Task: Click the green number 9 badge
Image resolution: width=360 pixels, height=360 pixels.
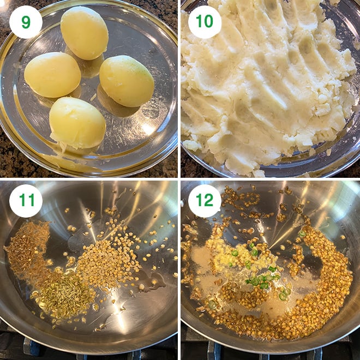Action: [26, 22]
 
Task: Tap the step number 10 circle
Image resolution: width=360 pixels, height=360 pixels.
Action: [205, 22]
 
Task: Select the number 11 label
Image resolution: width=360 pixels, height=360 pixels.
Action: [26, 201]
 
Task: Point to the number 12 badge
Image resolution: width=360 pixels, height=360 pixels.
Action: [205, 201]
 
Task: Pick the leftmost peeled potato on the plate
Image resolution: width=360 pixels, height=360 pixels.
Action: [52, 75]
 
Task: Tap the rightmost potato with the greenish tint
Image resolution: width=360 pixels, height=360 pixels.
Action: [127, 81]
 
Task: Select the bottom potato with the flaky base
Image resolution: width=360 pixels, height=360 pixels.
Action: [77, 123]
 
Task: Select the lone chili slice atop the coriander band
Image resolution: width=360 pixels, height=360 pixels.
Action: [302, 233]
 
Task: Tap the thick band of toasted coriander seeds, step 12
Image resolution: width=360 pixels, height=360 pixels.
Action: [322, 284]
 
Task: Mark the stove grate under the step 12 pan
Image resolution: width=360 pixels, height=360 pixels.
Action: [215, 349]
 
